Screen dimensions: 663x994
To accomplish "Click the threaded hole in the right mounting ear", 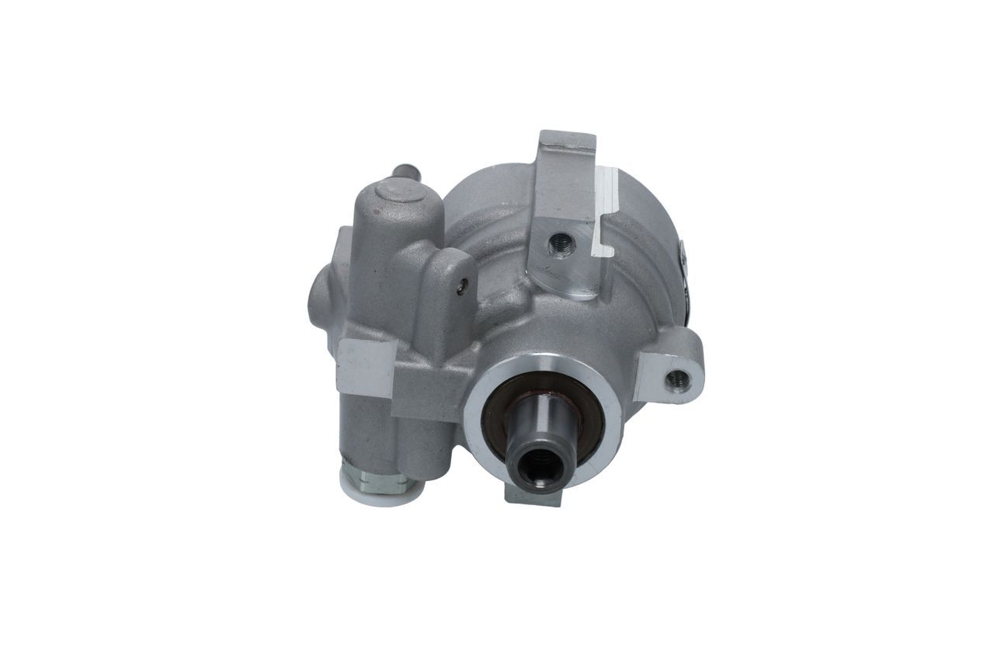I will (x=678, y=379).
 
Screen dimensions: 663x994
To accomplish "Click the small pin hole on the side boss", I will (x=463, y=287).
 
